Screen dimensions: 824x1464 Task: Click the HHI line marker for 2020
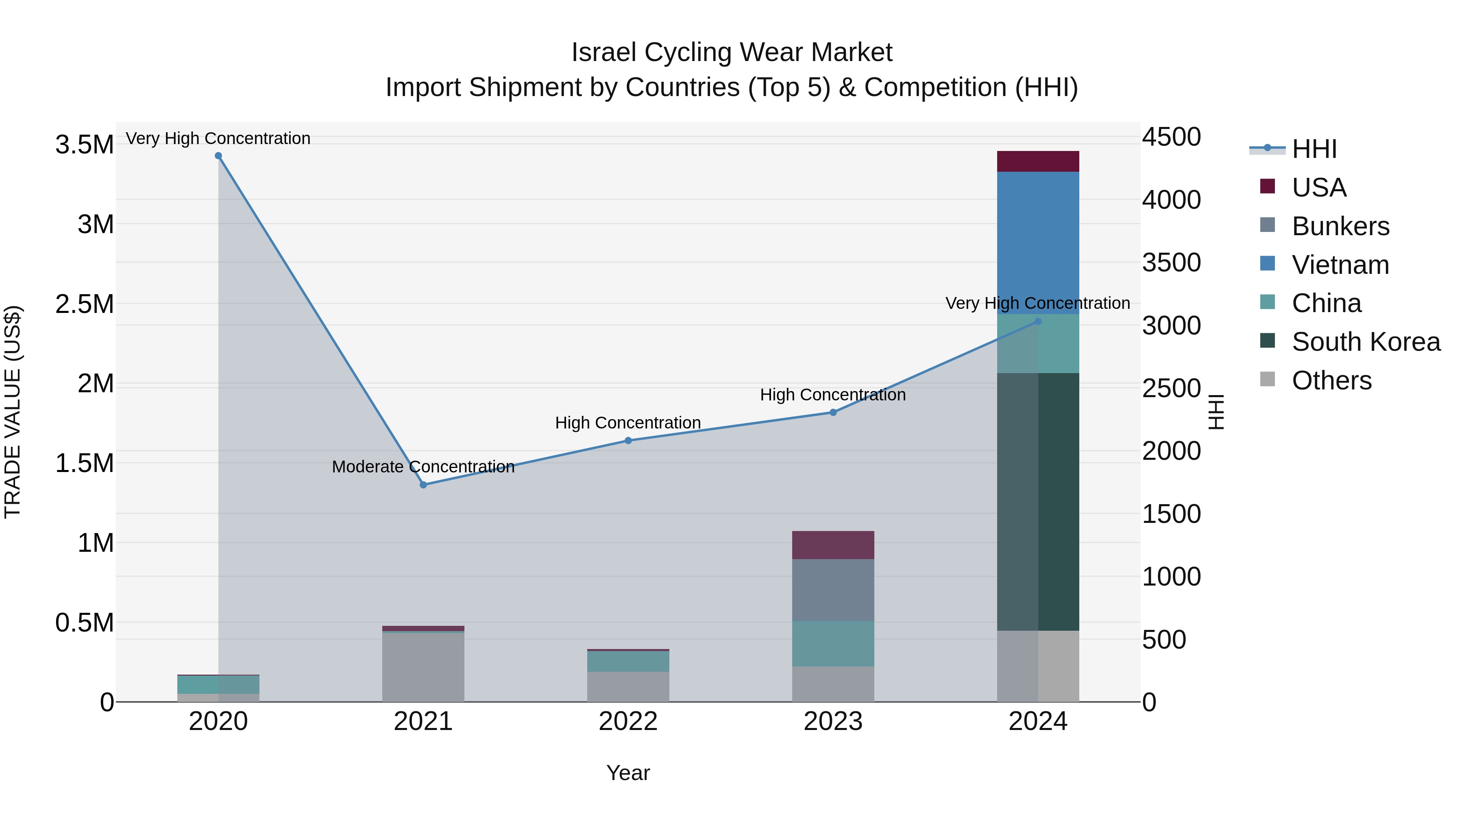[218, 156]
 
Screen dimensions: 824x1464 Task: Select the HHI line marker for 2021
[423, 485]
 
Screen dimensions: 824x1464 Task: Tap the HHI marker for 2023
[833, 412]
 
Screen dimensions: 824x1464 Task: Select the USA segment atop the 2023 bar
[833, 545]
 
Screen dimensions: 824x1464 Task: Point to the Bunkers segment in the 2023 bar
[833, 590]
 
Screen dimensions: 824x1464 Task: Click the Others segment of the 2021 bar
[423, 667]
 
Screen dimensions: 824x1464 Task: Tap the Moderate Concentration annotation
[423, 466]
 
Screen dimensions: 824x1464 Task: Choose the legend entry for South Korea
[1366, 342]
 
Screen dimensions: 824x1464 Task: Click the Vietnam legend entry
[1340, 265]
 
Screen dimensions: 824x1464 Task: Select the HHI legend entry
[1314, 149]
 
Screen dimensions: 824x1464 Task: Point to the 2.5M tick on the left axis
[84, 304]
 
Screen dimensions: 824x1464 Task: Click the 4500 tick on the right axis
[1171, 137]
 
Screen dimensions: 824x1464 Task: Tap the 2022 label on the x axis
[628, 721]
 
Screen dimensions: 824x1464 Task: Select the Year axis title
[628, 773]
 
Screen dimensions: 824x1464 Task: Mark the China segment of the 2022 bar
[628, 661]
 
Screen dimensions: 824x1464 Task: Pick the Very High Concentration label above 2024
[1038, 303]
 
